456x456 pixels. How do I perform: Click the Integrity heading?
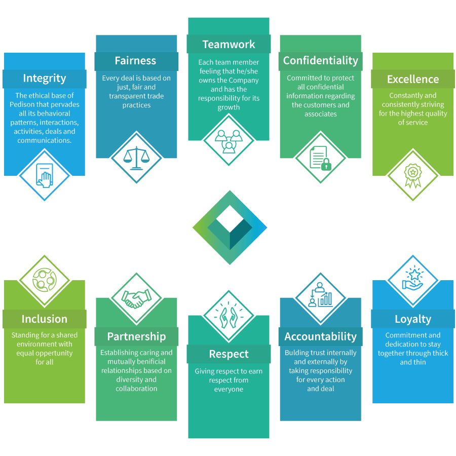click(x=45, y=78)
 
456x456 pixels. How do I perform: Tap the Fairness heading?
click(x=135, y=61)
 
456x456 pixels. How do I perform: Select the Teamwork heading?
click(x=229, y=45)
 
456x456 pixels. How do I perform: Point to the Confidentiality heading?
click(x=321, y=61)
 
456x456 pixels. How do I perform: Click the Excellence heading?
click(x=413, y=79)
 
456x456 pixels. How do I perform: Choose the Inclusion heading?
click(x=45, y=319)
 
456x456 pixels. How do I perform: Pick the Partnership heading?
click(x=136, y=336)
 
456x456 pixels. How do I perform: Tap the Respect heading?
click(x=229, y=354)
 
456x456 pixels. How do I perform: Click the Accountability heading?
click(x=321, y=336)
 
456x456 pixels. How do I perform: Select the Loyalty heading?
click(x=413, y=319)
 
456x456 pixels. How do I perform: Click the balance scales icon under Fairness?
click(x=136, y=158)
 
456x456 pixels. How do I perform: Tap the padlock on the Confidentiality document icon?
click(x=326, y=164)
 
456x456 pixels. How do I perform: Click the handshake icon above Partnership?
click(x=136, y=298)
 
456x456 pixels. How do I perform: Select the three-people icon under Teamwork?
click(x=229, y=141)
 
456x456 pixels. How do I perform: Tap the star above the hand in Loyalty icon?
click(x=414, y=274)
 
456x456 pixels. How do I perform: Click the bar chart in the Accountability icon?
click(x=325, y=299)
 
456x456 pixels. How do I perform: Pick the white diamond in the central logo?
click(x=230, y=219)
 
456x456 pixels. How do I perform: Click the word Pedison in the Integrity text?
click(x=21, y=104)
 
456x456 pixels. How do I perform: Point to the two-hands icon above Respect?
click(x=229, y=318)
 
